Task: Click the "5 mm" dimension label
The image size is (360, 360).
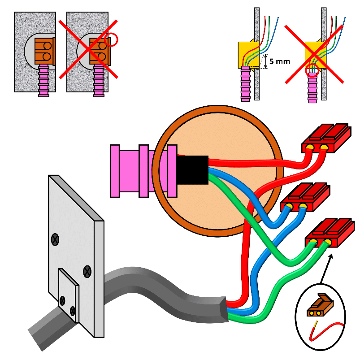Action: point(280,61)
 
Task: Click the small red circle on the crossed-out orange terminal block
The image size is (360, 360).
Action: point(112,40)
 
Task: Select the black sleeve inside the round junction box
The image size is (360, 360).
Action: point(193,169)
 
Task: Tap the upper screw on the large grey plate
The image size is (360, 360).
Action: point(55,239)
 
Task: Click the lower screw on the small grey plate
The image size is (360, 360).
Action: point(73,310)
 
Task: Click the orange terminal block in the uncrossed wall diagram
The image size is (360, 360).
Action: point(45,50)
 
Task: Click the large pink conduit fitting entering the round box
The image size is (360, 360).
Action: point(139,171)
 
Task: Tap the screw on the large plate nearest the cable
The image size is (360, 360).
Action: point(87,271)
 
